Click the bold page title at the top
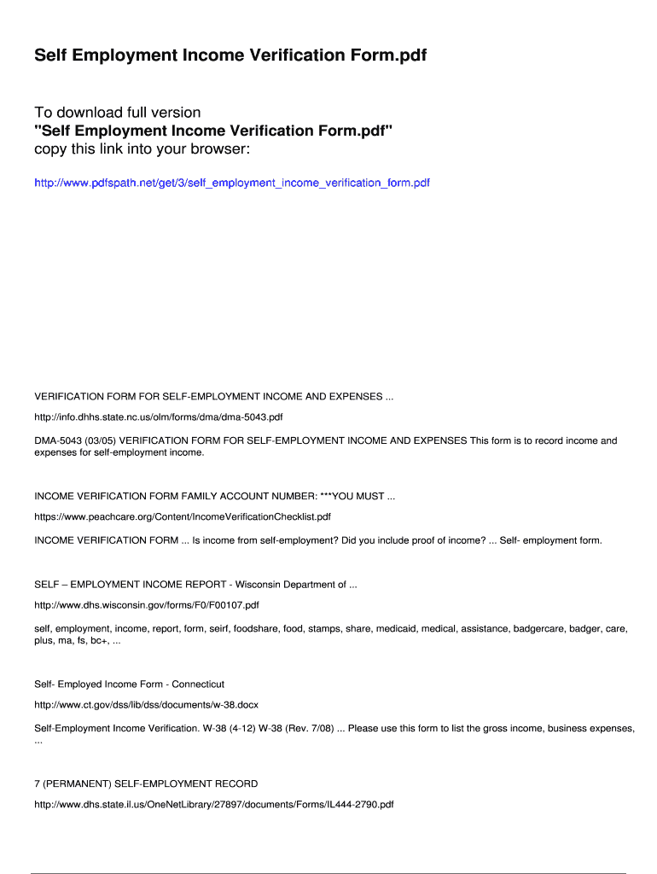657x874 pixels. (x=230, y=56)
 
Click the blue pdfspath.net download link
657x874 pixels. (x=231, y=183)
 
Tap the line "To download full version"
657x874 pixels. (x=118, y=113)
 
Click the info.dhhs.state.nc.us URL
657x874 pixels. (x=158, y=417)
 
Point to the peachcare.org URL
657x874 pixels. (x=182, y=516)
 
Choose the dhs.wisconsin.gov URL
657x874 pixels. (x=146, y=605)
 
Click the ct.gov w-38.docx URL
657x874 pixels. (x=146, y=705)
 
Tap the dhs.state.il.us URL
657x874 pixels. (x=213, y=804)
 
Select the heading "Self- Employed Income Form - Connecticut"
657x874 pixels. (x=129, y=685)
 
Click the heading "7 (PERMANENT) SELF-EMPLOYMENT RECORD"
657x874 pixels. (x=146, y=784)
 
